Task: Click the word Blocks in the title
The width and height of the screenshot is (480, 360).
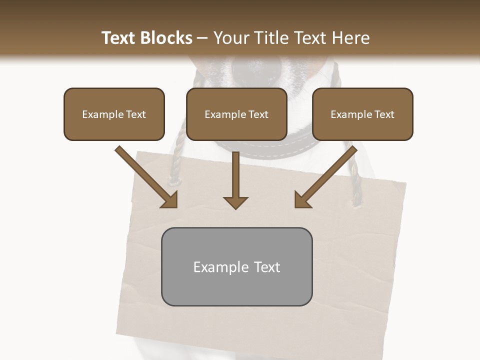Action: pos(167,38)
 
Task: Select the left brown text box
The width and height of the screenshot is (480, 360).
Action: pos(114,114)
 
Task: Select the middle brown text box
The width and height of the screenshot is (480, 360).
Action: pos(236,114)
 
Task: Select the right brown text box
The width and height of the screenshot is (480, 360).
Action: pos(362,114)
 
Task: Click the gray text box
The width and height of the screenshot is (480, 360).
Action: pos(236,266)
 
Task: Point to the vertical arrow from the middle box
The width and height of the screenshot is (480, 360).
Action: pos(235,177)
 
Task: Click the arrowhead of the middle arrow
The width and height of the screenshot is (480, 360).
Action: pos(235,202)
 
